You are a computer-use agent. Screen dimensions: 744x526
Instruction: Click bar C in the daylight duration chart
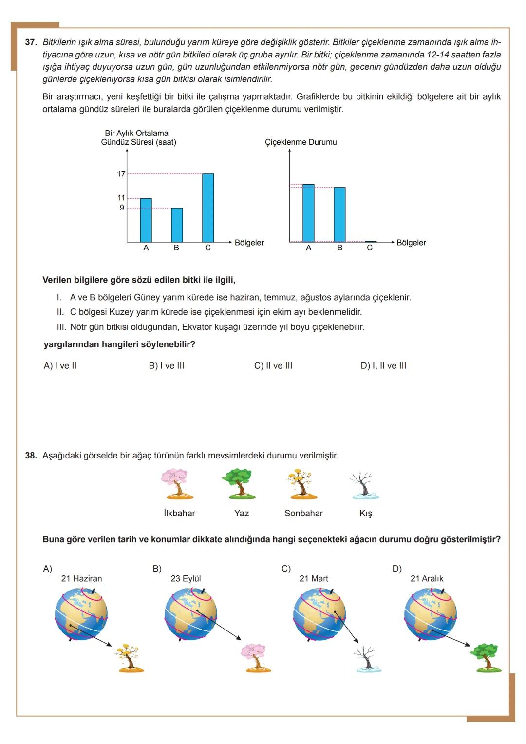pyautogui.click(x=208, y=208)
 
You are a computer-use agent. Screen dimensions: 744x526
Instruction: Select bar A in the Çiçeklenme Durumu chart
pyautogui.click(x=308, y=213)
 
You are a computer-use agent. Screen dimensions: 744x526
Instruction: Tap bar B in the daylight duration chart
pyautogui.click(x=177, y=225)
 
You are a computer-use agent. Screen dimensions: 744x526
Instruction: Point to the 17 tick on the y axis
pyautogui.click(x=121, y=174)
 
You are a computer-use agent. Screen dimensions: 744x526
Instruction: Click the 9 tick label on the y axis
pyautogui.click(x=122, y=208)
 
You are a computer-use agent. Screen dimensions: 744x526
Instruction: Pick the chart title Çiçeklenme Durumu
pyautogui.click(x=301, y=142)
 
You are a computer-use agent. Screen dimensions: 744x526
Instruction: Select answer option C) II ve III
pyautogui.click(x=273, y=366)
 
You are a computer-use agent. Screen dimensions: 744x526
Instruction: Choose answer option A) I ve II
pyautogui.click(x=60, y=366)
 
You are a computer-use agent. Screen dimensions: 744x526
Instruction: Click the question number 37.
pyautogui.click(x=31, y=42)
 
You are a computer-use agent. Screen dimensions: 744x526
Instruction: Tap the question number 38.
pyautogui.click(x=31, y=456)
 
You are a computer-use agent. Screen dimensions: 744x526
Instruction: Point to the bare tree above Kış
pyautogui.click(x=364, y=485)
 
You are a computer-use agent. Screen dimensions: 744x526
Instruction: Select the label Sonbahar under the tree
pyautogui.click(x=303, y=514)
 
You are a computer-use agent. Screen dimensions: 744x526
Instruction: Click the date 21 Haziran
pyautogui.click(x=81, y=579)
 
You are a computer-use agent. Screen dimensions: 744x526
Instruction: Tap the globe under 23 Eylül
pyautogui.click(x=191, y=613)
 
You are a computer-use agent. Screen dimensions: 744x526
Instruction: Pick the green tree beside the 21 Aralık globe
pyautogui.click(x=486, y=658)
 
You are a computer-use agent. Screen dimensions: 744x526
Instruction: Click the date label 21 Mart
pyautogui.click(x=314, y=579)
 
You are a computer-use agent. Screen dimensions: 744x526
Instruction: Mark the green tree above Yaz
pyautogui.click(x=239, y=484)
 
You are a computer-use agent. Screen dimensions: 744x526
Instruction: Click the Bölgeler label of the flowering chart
pyautogui.click(x=411, y=243)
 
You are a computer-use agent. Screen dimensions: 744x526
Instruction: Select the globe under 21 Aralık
pyautogui.click(x=431, y=613)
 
